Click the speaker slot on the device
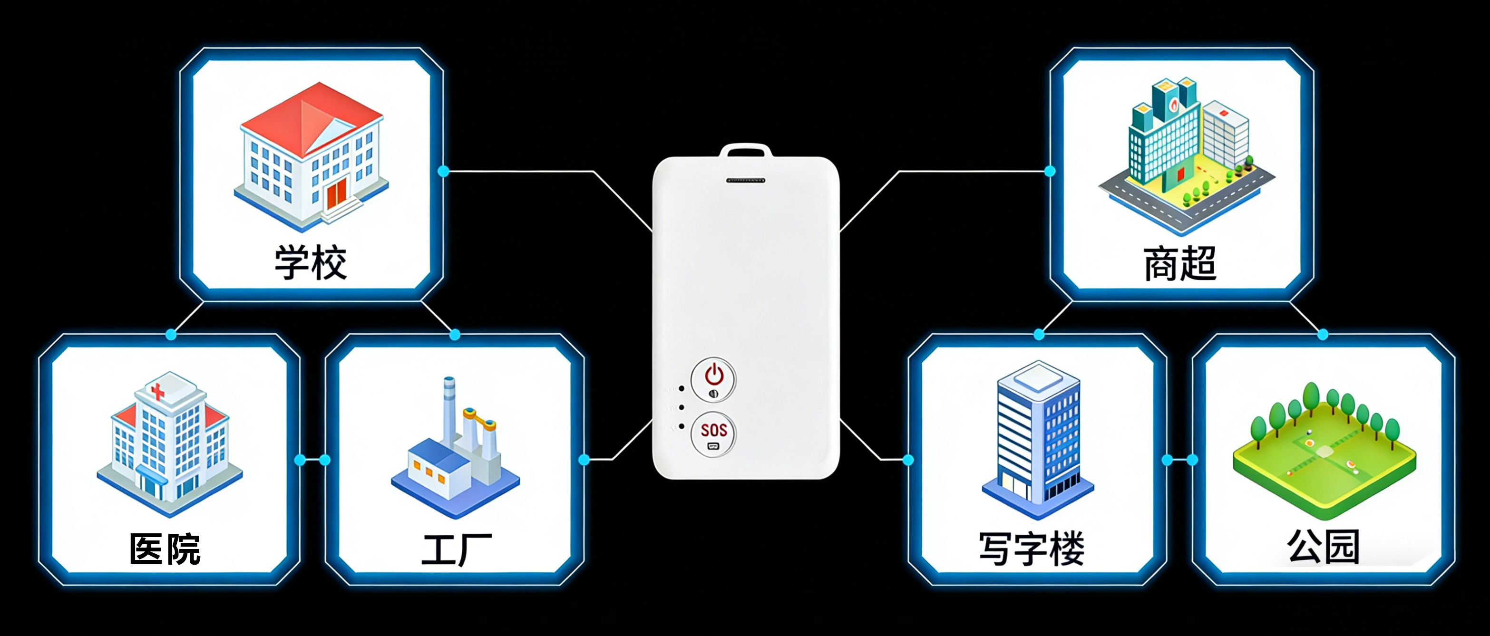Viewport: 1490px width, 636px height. [x=746, y=181]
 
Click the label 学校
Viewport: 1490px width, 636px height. [x=311, y=263]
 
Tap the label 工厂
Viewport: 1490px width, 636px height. [x=457, y=549]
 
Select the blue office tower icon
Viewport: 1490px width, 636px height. [x=1038, y=439]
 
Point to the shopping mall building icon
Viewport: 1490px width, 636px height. [x=1180, y=150]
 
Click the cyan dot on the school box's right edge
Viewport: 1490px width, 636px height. [x=444, y=171]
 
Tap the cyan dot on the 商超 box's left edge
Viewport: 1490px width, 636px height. [x=1050, y=171]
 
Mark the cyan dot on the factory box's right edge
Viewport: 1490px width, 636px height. [x=584, y=460]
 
